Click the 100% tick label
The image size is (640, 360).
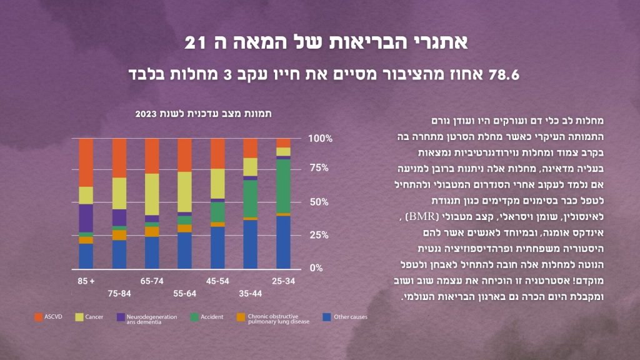point(321,137)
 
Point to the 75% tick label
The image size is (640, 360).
point(320,167)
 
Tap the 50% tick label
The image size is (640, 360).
point(320,202)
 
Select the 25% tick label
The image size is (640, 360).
point(320,235)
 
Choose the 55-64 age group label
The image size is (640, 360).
point(184,292)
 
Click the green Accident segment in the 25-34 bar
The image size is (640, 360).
point(283,186)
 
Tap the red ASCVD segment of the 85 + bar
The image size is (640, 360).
point(86,162)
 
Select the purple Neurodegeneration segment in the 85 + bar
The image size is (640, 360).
point(86,217)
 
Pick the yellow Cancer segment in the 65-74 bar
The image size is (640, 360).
point(152,194)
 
